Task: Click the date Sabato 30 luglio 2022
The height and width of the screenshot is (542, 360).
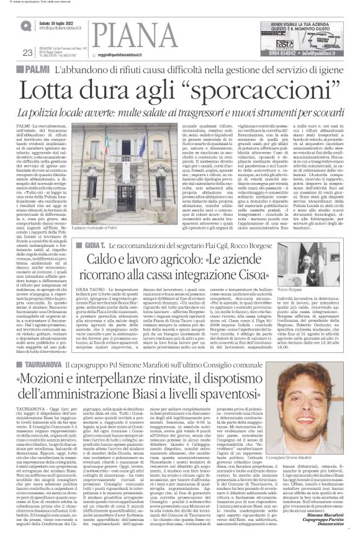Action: click(58, 22)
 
